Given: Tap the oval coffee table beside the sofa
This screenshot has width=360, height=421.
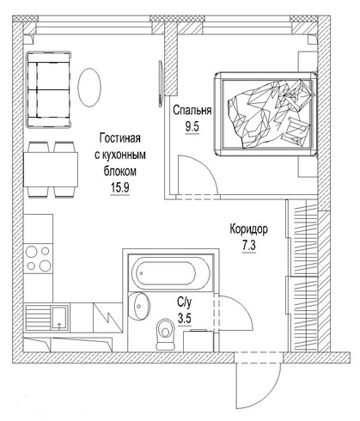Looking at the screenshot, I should [x=90, y=88].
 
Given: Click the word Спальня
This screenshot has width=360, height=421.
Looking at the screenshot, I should [x=192, y=110].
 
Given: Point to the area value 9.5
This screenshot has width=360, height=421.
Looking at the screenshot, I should [x=192, y=125].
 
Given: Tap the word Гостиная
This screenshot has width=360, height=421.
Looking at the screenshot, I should [x=119, y=138].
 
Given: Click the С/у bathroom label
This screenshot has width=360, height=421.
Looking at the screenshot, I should [x=185, y=302].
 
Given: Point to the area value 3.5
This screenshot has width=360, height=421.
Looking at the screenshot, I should [x=185, y=317].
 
